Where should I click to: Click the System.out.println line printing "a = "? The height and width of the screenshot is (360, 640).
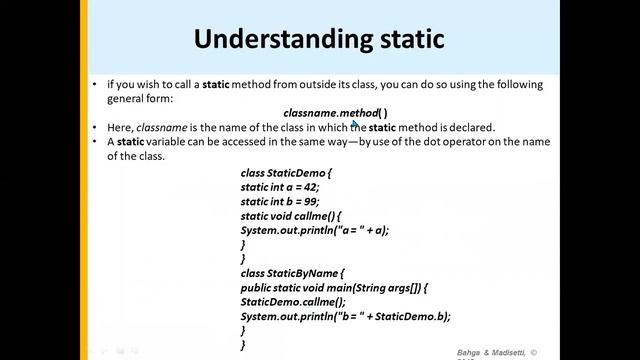pos(314,229)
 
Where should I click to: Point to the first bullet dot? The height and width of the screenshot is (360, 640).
pos(94,86)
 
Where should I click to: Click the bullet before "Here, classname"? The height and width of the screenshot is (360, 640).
pos(94,128)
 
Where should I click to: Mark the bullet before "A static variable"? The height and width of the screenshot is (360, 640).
pos(94,142)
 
